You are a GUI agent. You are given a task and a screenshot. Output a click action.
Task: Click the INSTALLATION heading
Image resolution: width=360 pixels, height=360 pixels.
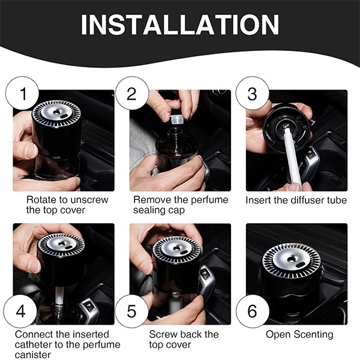[x=180, y=25]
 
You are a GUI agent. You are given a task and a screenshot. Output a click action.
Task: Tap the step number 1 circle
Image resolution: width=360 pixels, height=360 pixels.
[x=22, y=93]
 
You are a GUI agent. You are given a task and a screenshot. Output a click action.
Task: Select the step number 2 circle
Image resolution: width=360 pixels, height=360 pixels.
[x=132, y=93]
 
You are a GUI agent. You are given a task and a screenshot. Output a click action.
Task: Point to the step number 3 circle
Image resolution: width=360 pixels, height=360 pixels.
[x=253, y=93]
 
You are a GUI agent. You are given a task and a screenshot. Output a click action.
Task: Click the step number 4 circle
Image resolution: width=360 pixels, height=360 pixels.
[x=20, y=311]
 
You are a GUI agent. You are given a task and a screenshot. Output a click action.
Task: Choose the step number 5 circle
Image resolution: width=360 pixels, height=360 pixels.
[x=132, y=311]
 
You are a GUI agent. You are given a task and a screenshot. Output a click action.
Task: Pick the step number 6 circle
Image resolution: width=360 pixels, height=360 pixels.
[x=253, y=311]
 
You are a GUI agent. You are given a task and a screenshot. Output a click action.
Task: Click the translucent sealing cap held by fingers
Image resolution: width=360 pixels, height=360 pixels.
[x=177, y=119]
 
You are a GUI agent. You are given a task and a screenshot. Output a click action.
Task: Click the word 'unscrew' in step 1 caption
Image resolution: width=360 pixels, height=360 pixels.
[x=89, y=200]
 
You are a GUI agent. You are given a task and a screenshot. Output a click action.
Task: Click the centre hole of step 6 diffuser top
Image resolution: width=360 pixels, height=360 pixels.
[x=292, y=259]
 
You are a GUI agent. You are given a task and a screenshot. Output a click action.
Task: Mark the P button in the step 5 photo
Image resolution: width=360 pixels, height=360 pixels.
[x=205, y=273]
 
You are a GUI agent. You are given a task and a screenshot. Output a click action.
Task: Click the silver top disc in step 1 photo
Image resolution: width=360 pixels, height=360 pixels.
[x=56, y=113]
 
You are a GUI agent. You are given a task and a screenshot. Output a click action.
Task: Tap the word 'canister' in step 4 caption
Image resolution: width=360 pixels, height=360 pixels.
[x=32, y=355]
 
